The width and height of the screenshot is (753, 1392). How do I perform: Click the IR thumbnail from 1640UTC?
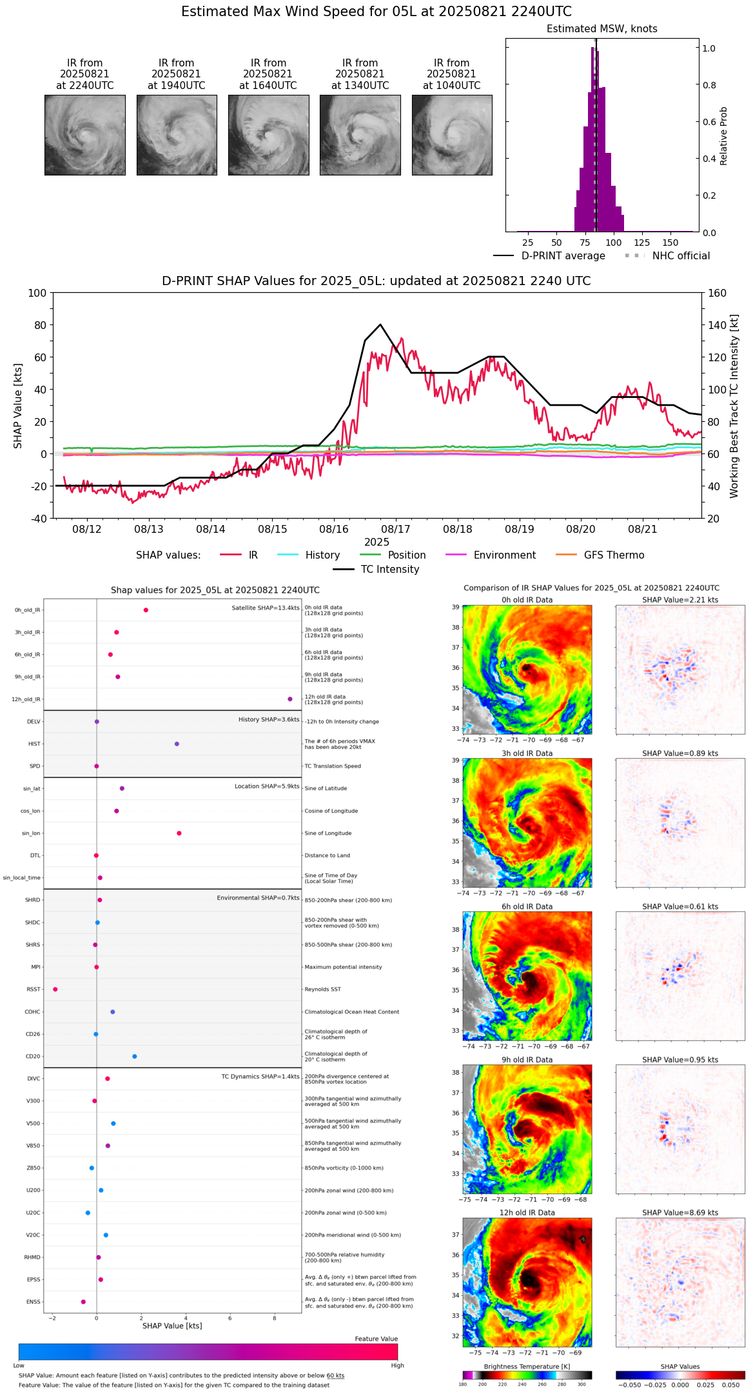tap(268, 135)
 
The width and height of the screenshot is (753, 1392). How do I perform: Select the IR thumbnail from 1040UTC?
tap(452, 135)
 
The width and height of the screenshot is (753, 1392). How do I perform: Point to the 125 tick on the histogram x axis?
tap(641, 243)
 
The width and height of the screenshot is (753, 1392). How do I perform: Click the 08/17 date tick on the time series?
tap(396, 529)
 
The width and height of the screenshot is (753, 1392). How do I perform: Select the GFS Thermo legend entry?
tap(614, 555)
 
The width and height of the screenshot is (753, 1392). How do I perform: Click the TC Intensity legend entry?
tap(389, 570)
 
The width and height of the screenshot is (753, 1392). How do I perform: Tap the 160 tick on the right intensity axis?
tap(717, 293)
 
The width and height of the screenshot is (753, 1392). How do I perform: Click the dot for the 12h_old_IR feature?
tap(290, 699)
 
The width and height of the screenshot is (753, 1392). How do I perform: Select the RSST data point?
tap(55, 989)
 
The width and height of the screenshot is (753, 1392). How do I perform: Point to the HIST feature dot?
tap(177, 744)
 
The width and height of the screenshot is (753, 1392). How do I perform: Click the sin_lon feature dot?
tap(179, 833)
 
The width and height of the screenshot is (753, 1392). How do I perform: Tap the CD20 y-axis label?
tap(33, 1057)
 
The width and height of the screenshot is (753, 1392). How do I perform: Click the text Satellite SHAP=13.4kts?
tap(266, 608)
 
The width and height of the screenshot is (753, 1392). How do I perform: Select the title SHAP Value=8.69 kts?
tap(680, 1213)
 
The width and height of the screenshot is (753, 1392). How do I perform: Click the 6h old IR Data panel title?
tap(527, 906)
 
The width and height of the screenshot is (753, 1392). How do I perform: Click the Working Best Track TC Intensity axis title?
tap(734, 406)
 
